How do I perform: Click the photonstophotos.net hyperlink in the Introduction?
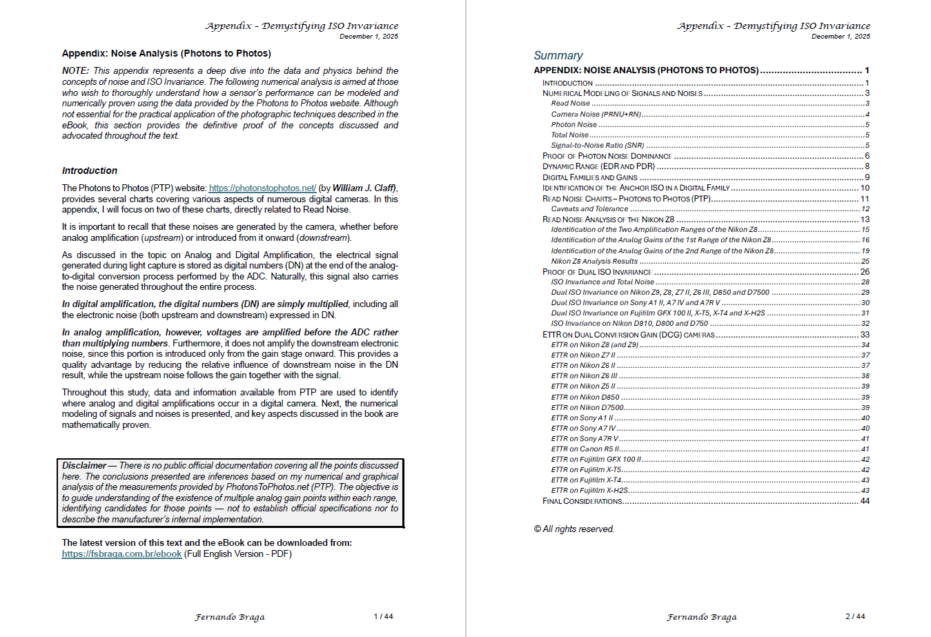tap(262, 188)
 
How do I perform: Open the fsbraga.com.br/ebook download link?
tap(121, 553)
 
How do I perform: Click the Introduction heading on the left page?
tap(90, 170)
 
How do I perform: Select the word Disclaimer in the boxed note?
tap(84, 466)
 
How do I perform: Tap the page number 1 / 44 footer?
tap(383, 616)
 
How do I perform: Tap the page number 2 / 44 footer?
tap(855, 616)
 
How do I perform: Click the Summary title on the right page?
tap(558, 55)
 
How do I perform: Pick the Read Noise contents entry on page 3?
tap(571, 104)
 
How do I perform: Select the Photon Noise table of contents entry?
tap(574, 125)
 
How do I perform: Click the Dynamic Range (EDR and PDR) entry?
tap(598, 166)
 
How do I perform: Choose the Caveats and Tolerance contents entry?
tap(589, 208)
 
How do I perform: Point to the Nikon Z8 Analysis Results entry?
tap(594, 262)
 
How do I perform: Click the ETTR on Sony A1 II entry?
tap(582, 418)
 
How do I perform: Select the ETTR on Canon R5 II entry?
tap(585, 449)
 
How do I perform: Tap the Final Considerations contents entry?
tap(582, 501)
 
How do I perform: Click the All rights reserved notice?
tap(574, 529)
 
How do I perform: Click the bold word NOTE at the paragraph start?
tap(75, 70)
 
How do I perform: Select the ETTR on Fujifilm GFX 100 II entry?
tap(596, 460)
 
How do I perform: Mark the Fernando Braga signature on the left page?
tap(229, 617)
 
